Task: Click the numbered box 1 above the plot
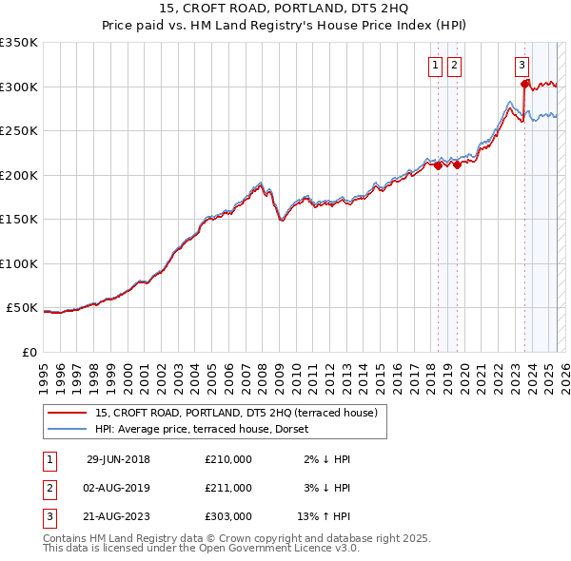[435, 66]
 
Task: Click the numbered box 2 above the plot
[454, 66]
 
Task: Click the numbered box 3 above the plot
[522, 66]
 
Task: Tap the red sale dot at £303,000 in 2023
[524, 85]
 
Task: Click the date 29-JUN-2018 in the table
[118, 459]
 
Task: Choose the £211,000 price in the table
[228, 488]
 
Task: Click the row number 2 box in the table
[48, 488]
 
